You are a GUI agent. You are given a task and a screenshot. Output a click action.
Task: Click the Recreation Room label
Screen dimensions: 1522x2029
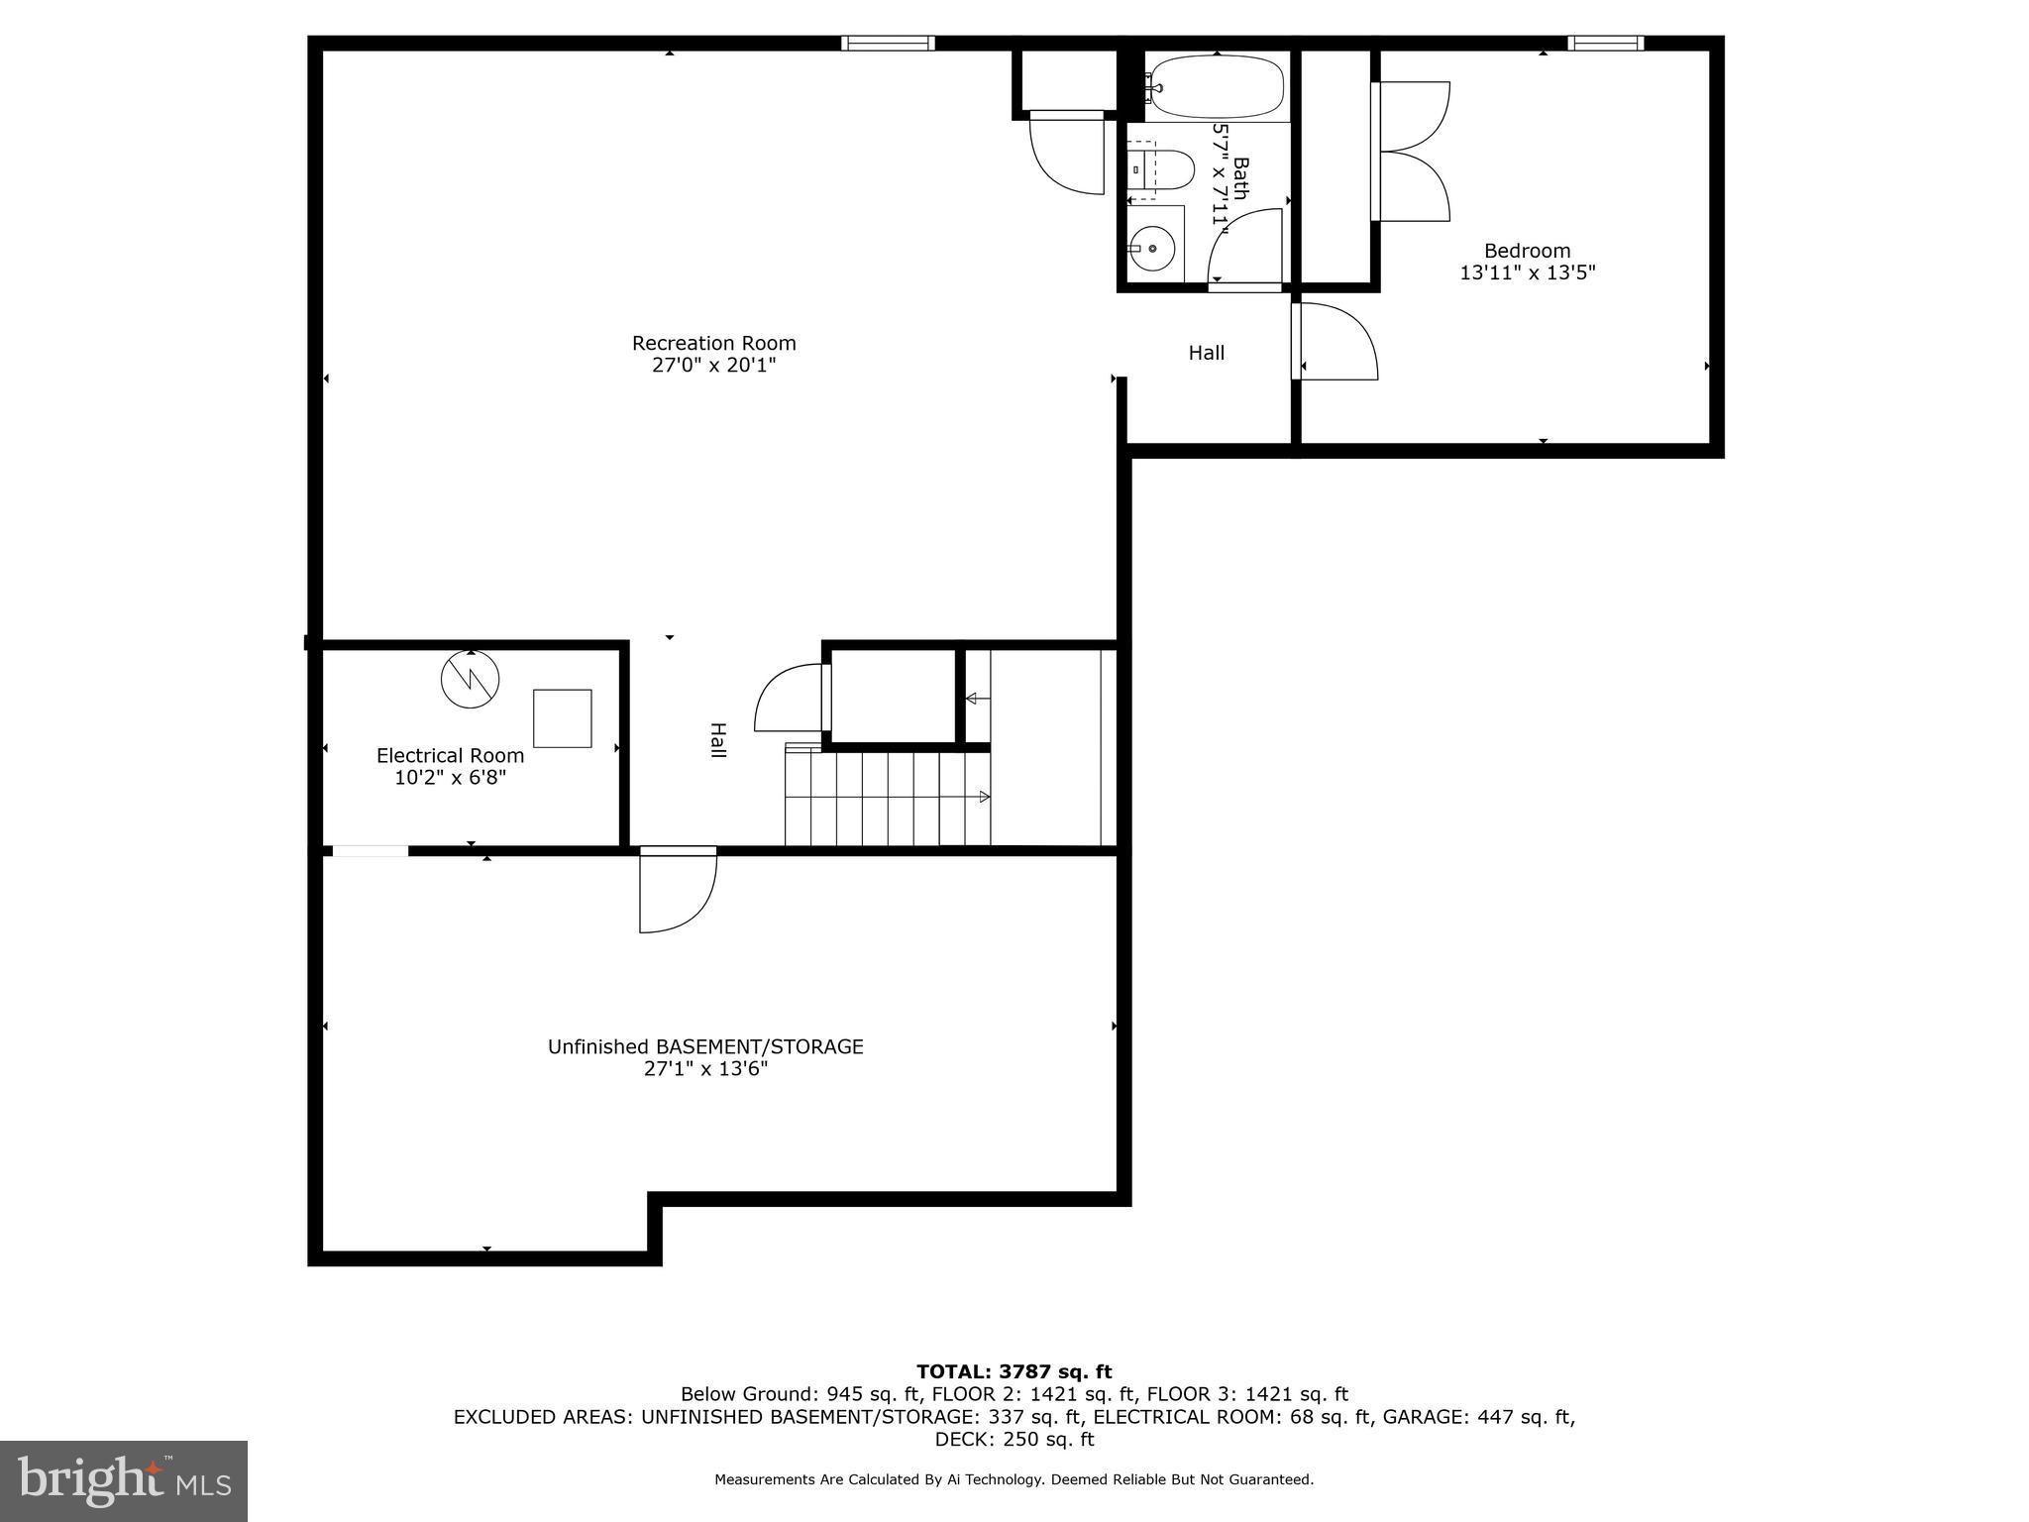tap(713, 344)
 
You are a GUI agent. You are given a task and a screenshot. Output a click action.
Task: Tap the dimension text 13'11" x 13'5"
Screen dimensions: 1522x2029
tap(1527, 272)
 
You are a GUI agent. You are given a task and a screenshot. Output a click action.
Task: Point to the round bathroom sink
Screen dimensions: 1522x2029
tap(1152, 248)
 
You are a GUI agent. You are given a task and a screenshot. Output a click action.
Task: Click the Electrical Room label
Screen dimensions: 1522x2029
tap(450, 756)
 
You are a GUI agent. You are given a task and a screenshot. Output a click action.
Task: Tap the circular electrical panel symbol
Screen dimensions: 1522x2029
tap(470, 679)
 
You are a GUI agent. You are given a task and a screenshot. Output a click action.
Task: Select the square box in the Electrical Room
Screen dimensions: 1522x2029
tap(562, 718)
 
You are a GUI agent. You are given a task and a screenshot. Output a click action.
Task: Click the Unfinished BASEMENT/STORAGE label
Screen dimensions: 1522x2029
tap(705, 1047)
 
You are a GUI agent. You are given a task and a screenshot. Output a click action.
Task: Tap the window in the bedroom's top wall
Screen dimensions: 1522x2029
tap(1605, 43)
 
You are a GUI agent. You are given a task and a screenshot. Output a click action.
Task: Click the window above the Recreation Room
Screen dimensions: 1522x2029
tap(888, 43)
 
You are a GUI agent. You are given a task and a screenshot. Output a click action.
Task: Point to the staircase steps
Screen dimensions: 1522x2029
tap(887, 798)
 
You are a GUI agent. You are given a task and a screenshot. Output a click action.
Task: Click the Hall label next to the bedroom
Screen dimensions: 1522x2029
tap(1206, 353)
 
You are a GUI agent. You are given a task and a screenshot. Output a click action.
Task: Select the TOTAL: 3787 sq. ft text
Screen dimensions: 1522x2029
tap(1014, 1371)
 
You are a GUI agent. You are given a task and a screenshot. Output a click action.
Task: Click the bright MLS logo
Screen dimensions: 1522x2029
tap(124, 1480)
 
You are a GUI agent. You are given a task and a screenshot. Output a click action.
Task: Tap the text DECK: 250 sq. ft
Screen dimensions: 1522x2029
tap(1014, 1439)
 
